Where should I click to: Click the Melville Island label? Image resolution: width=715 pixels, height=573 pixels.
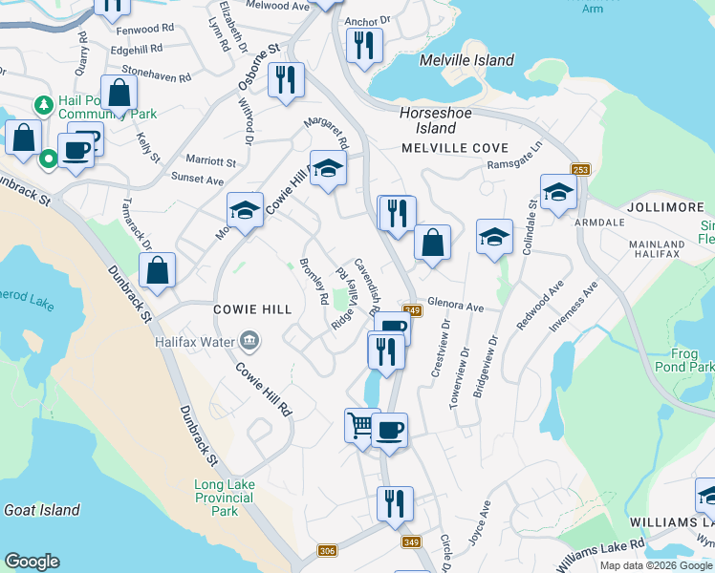pyautogui.click(x=466, y=60)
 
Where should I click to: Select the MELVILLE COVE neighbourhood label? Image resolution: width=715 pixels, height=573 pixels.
pyautogui.click(x=454, y=148)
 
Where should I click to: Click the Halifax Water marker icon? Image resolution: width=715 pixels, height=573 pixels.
pyautogui.click(x=249, y=340)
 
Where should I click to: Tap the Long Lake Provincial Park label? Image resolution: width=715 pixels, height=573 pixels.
pyautogui.click(x=225, y=498)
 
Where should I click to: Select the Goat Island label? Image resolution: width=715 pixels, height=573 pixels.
pyautogui.click(x=42, y=510)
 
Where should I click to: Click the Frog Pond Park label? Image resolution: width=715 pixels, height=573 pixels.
pyautogui.click(x=684, y=359)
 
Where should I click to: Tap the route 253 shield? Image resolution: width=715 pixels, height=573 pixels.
pyautogui.click(x=579, y=170)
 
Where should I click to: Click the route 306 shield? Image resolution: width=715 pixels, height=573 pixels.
pyautogui.click(x=328, y=550)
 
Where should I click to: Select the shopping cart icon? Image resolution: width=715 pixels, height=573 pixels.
pyautogui.click(x=361, y=425)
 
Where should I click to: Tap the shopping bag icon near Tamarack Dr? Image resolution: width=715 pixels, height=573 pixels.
pyautogui.click(x=157, y=269)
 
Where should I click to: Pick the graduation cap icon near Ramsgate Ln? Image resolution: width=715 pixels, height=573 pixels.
pyautogui.click(x=557, y=191)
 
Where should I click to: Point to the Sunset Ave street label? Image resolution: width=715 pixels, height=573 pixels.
pyautogui.click(x=197, y=180)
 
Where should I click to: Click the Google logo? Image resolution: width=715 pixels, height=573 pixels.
pyautogui.click(x=32, y=562)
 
